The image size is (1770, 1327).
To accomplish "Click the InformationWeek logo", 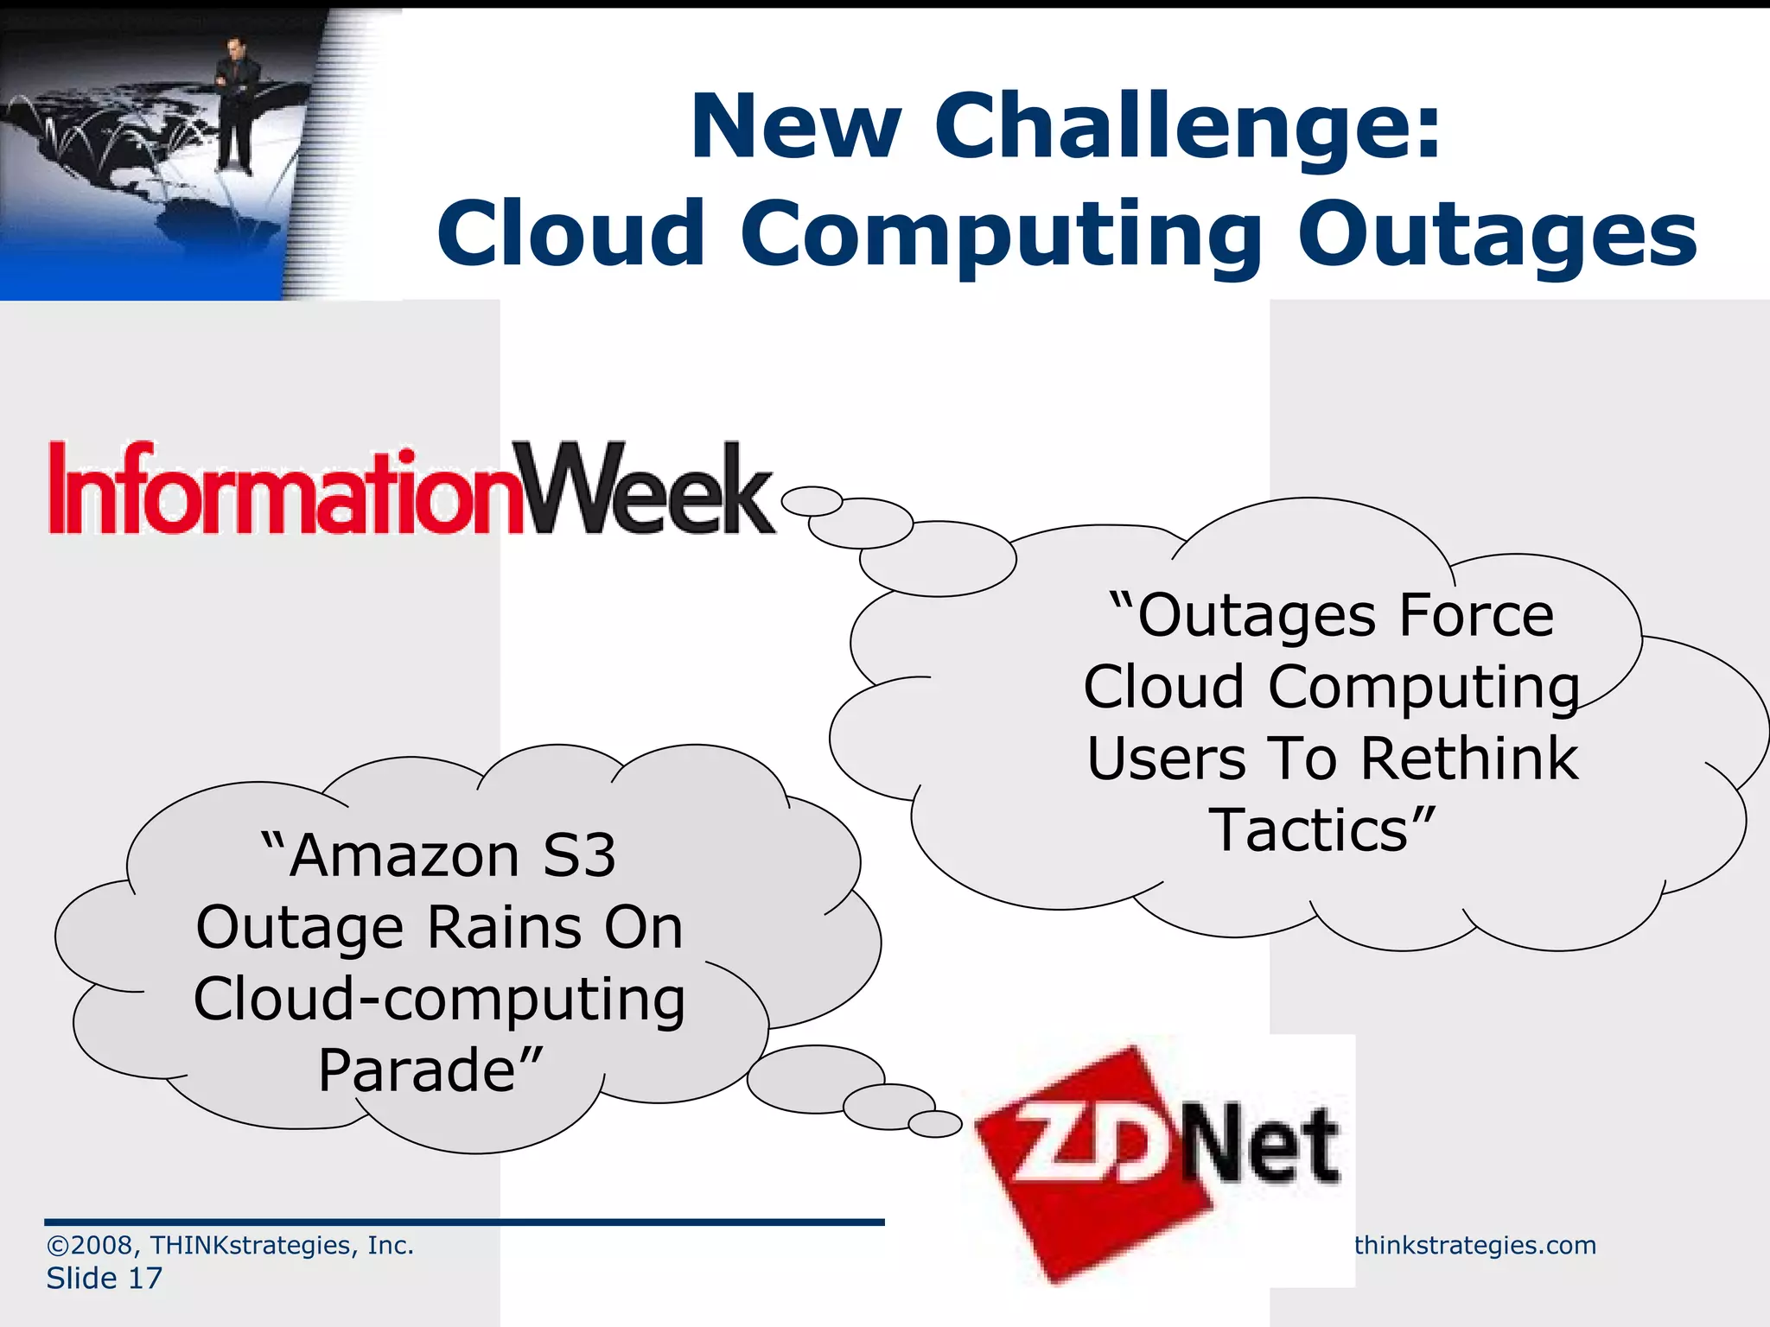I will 411,489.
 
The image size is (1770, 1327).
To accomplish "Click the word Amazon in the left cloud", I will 404,856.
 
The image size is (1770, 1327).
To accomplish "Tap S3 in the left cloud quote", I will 579,856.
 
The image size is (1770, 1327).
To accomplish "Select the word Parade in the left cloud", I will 418,1070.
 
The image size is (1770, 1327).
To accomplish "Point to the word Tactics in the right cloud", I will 1310,830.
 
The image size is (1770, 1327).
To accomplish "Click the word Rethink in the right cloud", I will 1469,759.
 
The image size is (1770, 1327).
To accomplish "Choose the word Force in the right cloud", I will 1476,616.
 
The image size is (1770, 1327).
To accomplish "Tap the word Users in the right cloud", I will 1166,759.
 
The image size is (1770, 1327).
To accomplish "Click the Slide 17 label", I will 104,1278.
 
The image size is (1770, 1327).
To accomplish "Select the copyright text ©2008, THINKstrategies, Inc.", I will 230,1245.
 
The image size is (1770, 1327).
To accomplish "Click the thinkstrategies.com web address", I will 1474,1245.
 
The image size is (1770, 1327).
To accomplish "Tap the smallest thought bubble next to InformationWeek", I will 812,501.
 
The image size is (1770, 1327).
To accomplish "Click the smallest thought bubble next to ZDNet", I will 935,1124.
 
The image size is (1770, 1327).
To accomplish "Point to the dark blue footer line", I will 464,1222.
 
